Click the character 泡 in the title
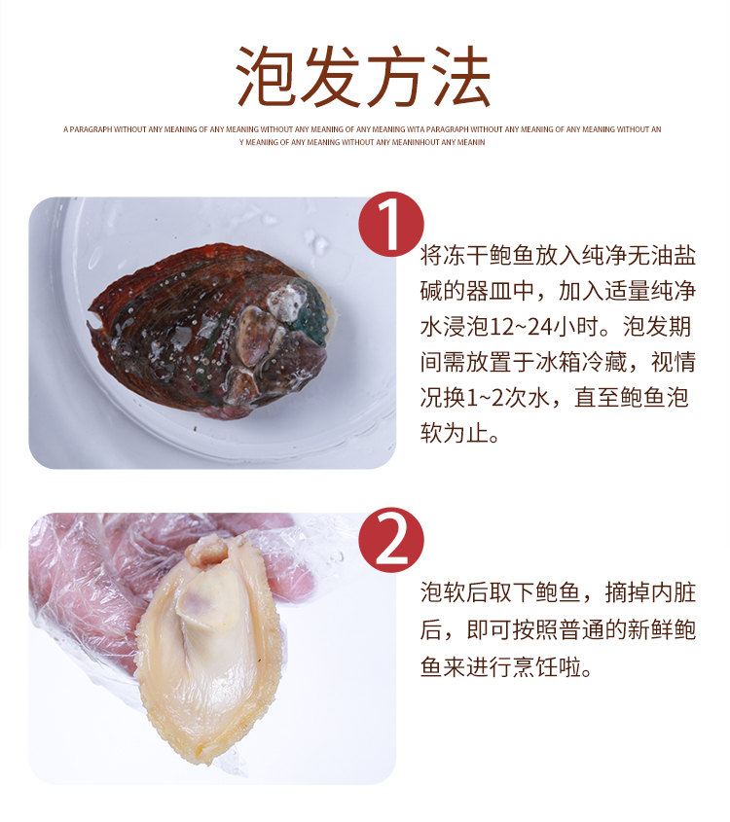pyautogui.click(x=267, y=77)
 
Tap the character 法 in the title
pyautogui.click(x=459, y=77)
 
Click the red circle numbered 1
pyautogui.click(x=391, y=225)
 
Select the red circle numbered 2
pyautogui.click(x=391, y=540)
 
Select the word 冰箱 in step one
pyautogui.click(x=558, y=362)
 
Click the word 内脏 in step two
pyautogui.click(x=674, y=592)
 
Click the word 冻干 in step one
pyautogui.click(x=465, y=256)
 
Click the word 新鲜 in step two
pyautogui.click(x=650, y=629)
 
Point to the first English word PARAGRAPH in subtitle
pyautogui.click(x=91, y=129)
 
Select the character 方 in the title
pyautogui.click(x=395, y=77)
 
